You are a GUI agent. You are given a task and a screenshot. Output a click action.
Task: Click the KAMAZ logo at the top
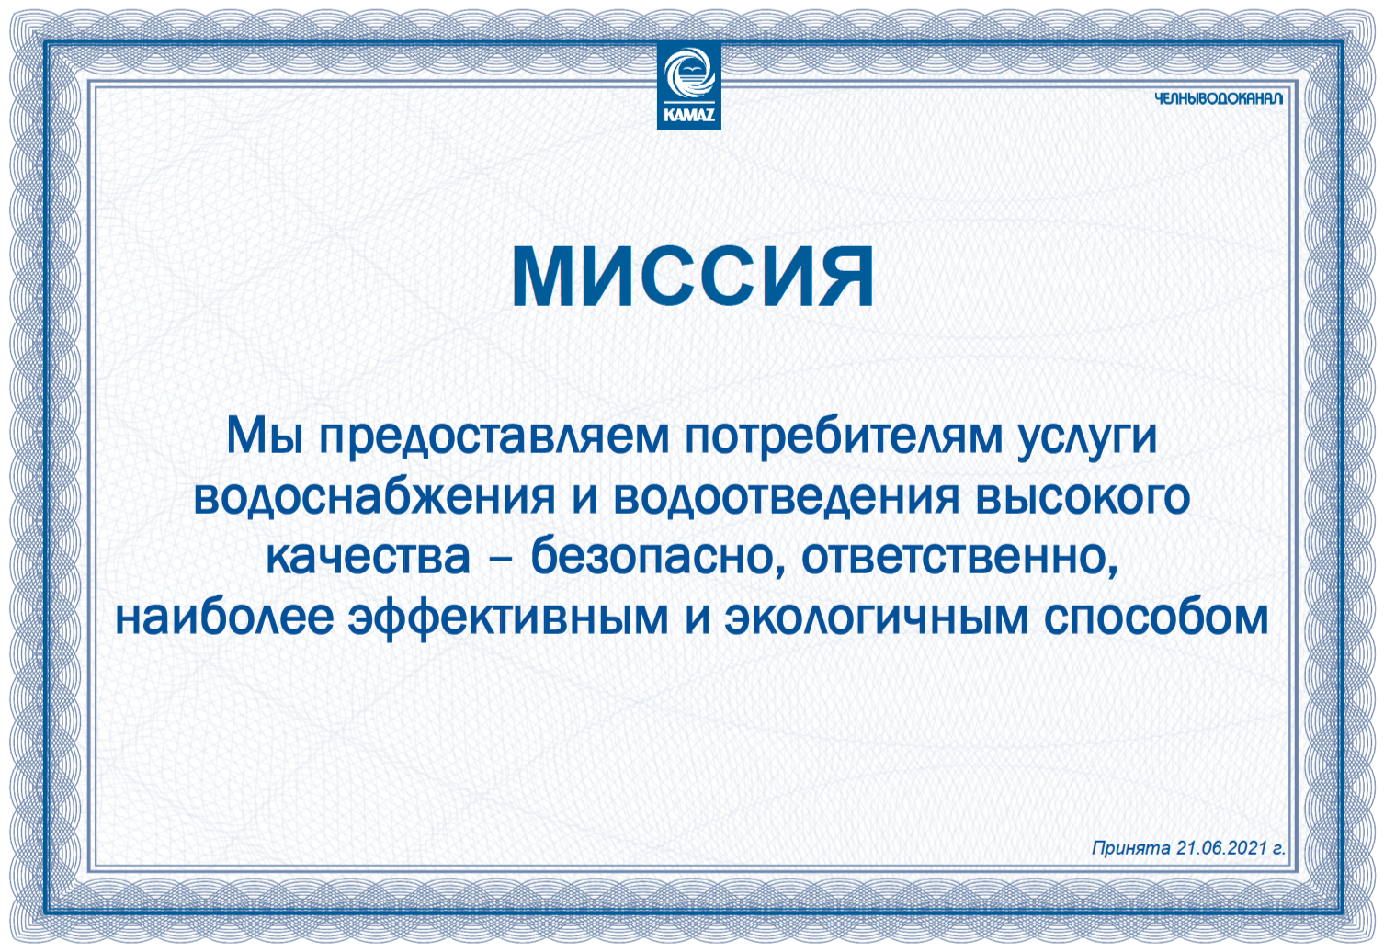(x=689, y=86)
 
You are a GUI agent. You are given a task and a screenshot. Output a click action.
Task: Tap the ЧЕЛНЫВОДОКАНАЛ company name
(x=1219, y=98)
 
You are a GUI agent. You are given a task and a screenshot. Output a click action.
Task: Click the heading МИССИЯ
(x=693, y=277)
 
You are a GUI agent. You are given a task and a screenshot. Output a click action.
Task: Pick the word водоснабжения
(x=375, y=498)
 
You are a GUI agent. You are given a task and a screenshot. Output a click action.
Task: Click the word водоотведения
(x=787, y=498)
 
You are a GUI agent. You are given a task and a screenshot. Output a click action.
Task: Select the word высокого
(x=1083, y=498)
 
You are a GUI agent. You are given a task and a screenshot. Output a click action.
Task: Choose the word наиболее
(x=225, y=616)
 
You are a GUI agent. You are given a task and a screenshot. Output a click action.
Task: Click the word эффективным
(x=508, y=618)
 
